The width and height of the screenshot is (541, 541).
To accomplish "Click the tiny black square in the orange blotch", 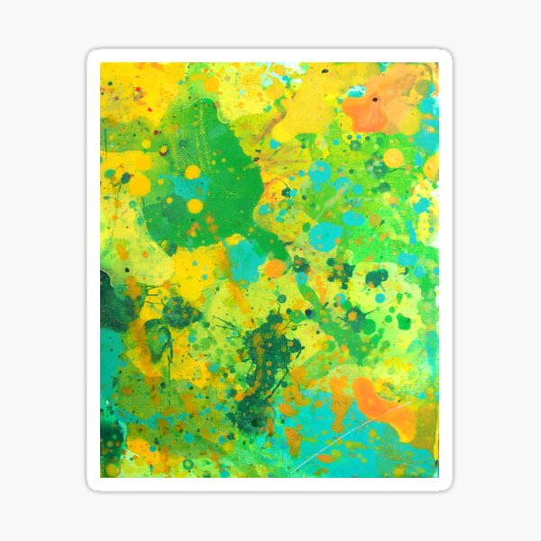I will pos(372,94).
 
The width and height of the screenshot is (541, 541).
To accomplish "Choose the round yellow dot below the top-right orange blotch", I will pos(393,159).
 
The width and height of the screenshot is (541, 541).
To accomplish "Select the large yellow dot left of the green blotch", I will pos(140,185).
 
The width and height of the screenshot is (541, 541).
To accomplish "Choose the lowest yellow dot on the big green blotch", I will pos(195,206).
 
